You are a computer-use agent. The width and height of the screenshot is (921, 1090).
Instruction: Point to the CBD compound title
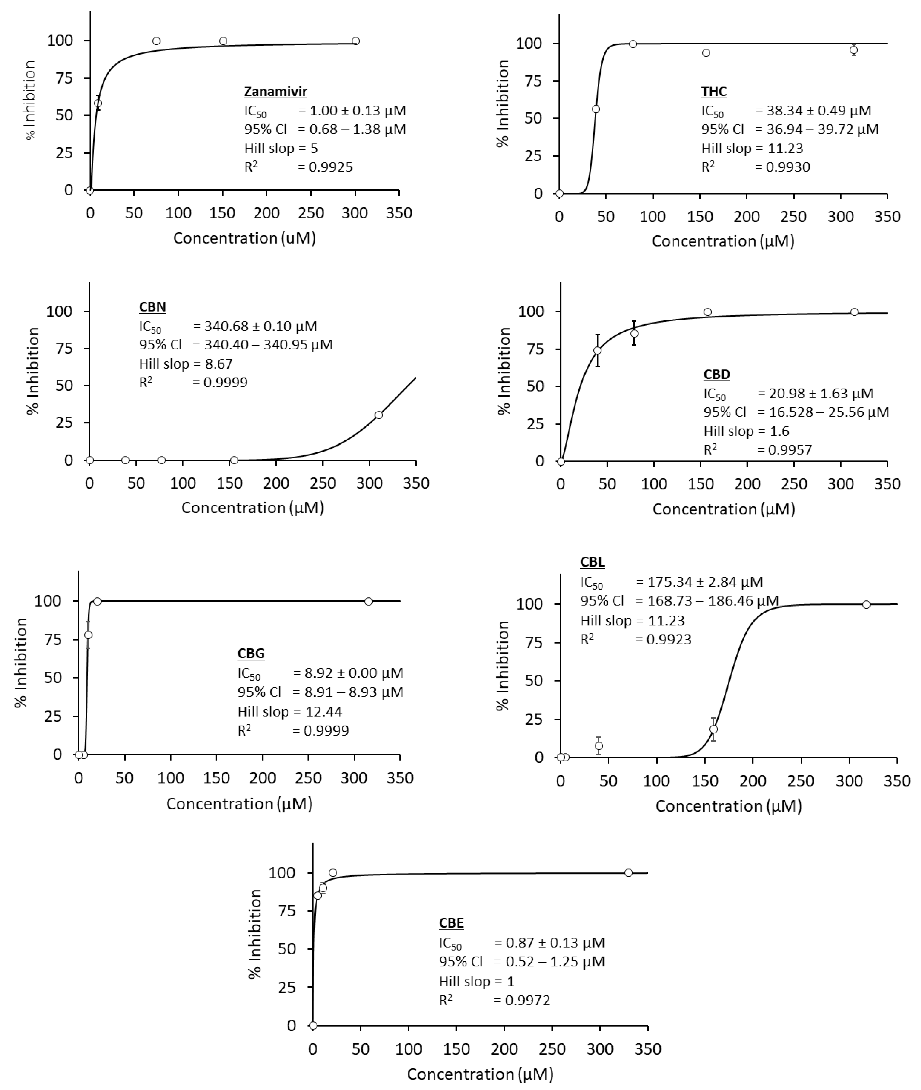click(x=716, y=375)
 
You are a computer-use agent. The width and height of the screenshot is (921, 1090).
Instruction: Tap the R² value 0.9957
click(x=789, y=450)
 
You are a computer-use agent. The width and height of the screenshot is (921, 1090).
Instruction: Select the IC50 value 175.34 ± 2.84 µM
click(x=705, y=582)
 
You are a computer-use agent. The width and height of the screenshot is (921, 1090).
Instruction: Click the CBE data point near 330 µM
click(x=629, y=873)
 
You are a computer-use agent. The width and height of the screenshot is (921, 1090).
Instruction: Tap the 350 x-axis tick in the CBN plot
click(x=416, y=483)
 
